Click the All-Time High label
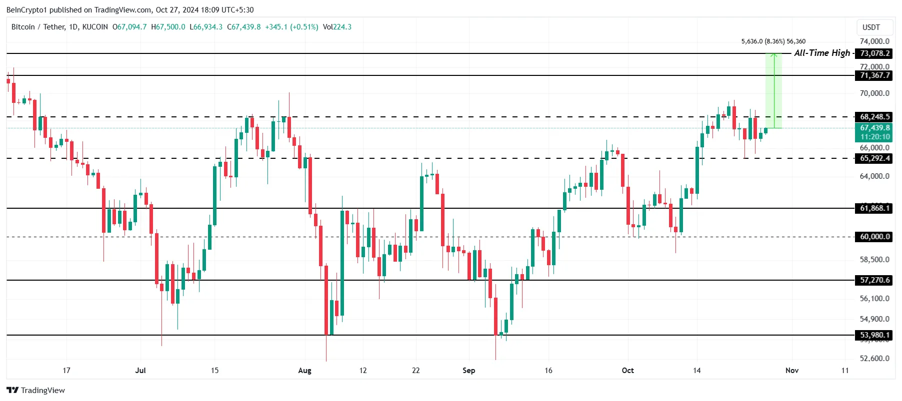coord(821,53)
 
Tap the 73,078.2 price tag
coord(874,53)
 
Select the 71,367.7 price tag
coord(874,75)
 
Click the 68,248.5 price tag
coord(874,117)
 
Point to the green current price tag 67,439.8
coord(874,128)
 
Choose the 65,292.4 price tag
coord(874,158)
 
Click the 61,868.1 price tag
coord(874,208)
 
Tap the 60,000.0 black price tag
coord(874,237)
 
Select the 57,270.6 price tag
coord(874,280)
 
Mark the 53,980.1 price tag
coord(874,335)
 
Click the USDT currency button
coord(871,27)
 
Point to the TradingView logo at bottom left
coord(36,390)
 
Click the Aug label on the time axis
coord(304,371)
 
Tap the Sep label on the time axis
coord(468,371)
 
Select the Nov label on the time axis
coord(791,371)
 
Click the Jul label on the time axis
coord(140,371)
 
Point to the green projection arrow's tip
coord(774,54)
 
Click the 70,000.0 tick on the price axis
coord(874,93)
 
